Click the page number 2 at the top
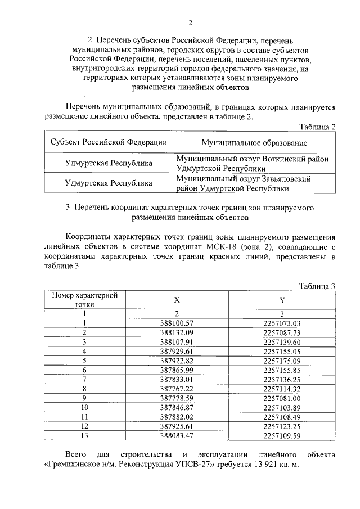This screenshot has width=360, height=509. (190, 23)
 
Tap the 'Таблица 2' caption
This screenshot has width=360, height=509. (317, 127)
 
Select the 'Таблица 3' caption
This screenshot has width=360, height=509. (317, 286)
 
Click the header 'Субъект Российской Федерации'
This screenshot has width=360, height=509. (109, 142)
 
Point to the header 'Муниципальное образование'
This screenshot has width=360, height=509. (254, 142)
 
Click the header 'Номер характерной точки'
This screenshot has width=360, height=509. (84, 300)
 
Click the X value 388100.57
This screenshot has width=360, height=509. (177, 323)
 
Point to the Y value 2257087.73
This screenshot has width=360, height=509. (282, 332)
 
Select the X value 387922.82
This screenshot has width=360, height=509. (177, 361)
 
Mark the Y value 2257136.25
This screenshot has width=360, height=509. (282, 379)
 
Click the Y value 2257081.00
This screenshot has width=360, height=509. (282, 398)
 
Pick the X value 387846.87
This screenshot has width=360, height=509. (177, 407)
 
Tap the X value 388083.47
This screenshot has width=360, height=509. (177, 435)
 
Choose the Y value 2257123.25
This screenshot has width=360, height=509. (282, 425)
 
